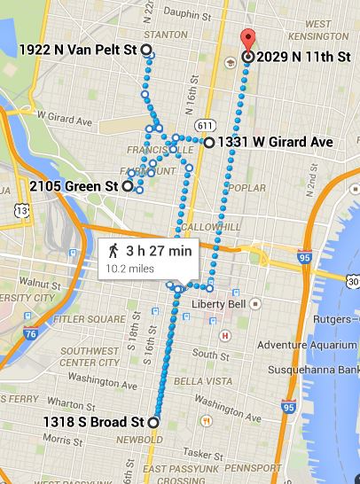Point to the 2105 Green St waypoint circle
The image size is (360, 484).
[x=128, y=186]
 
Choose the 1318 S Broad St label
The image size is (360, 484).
[x=97, y=422]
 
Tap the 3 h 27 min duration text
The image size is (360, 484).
[x=159, y=250]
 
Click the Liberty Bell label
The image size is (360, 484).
[x=218, y=306]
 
